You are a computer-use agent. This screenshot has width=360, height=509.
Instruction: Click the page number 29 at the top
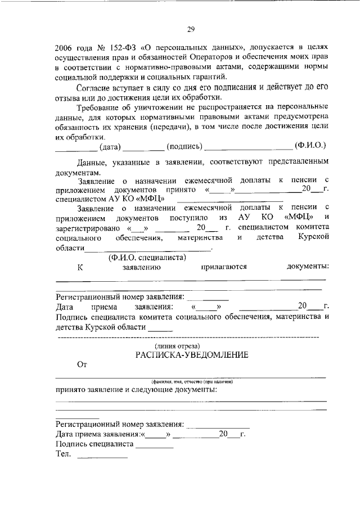coord(190,30)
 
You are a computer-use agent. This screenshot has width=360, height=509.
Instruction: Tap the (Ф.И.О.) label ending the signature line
coord(310,147)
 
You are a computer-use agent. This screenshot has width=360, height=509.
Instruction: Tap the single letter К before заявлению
coord(80,267)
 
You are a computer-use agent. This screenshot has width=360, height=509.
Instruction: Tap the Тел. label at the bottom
coord(62,454)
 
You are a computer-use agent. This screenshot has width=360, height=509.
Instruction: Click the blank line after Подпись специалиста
coord(155,446)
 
